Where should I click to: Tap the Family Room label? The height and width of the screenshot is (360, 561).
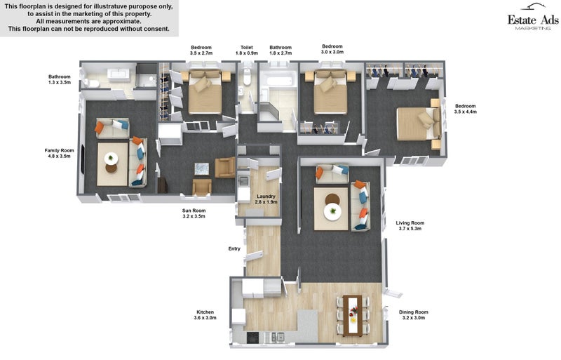click(x=60, y=153)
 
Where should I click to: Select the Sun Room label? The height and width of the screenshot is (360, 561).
click(x=194, y=213)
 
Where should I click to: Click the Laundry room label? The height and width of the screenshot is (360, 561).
click(x=266, y=199)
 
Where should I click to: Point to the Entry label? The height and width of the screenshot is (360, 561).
click(x=234, y=248)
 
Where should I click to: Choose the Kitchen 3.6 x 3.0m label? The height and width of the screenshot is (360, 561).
click(x=205, y=315)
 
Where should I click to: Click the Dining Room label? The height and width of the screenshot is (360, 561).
click(x=414, y=315)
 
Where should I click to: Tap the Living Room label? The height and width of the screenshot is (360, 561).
click(x=410, y=226)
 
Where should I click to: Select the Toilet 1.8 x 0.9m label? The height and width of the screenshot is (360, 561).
click(x=247, y=50)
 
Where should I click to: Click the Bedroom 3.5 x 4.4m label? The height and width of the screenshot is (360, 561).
click(x=466, y=109)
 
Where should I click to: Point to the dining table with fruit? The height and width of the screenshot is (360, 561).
click(x=353, y=316)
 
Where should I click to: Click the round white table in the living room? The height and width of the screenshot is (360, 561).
click(x=332, y=211)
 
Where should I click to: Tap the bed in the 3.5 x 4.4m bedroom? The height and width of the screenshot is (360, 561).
click(x=418, y=124)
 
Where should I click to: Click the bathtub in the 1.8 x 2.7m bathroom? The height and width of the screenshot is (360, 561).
click(x=278, y=81)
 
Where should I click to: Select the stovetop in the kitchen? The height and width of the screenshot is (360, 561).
click(x=253, y=337)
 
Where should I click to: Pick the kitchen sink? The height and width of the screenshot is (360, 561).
click(x=278, y=337)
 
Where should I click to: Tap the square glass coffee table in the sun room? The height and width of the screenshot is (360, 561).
click(x=201, y=168)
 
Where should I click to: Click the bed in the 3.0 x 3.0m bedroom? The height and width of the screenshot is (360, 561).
click(x=330, y=92)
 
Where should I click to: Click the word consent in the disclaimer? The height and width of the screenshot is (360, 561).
click(x=156, y=29)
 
